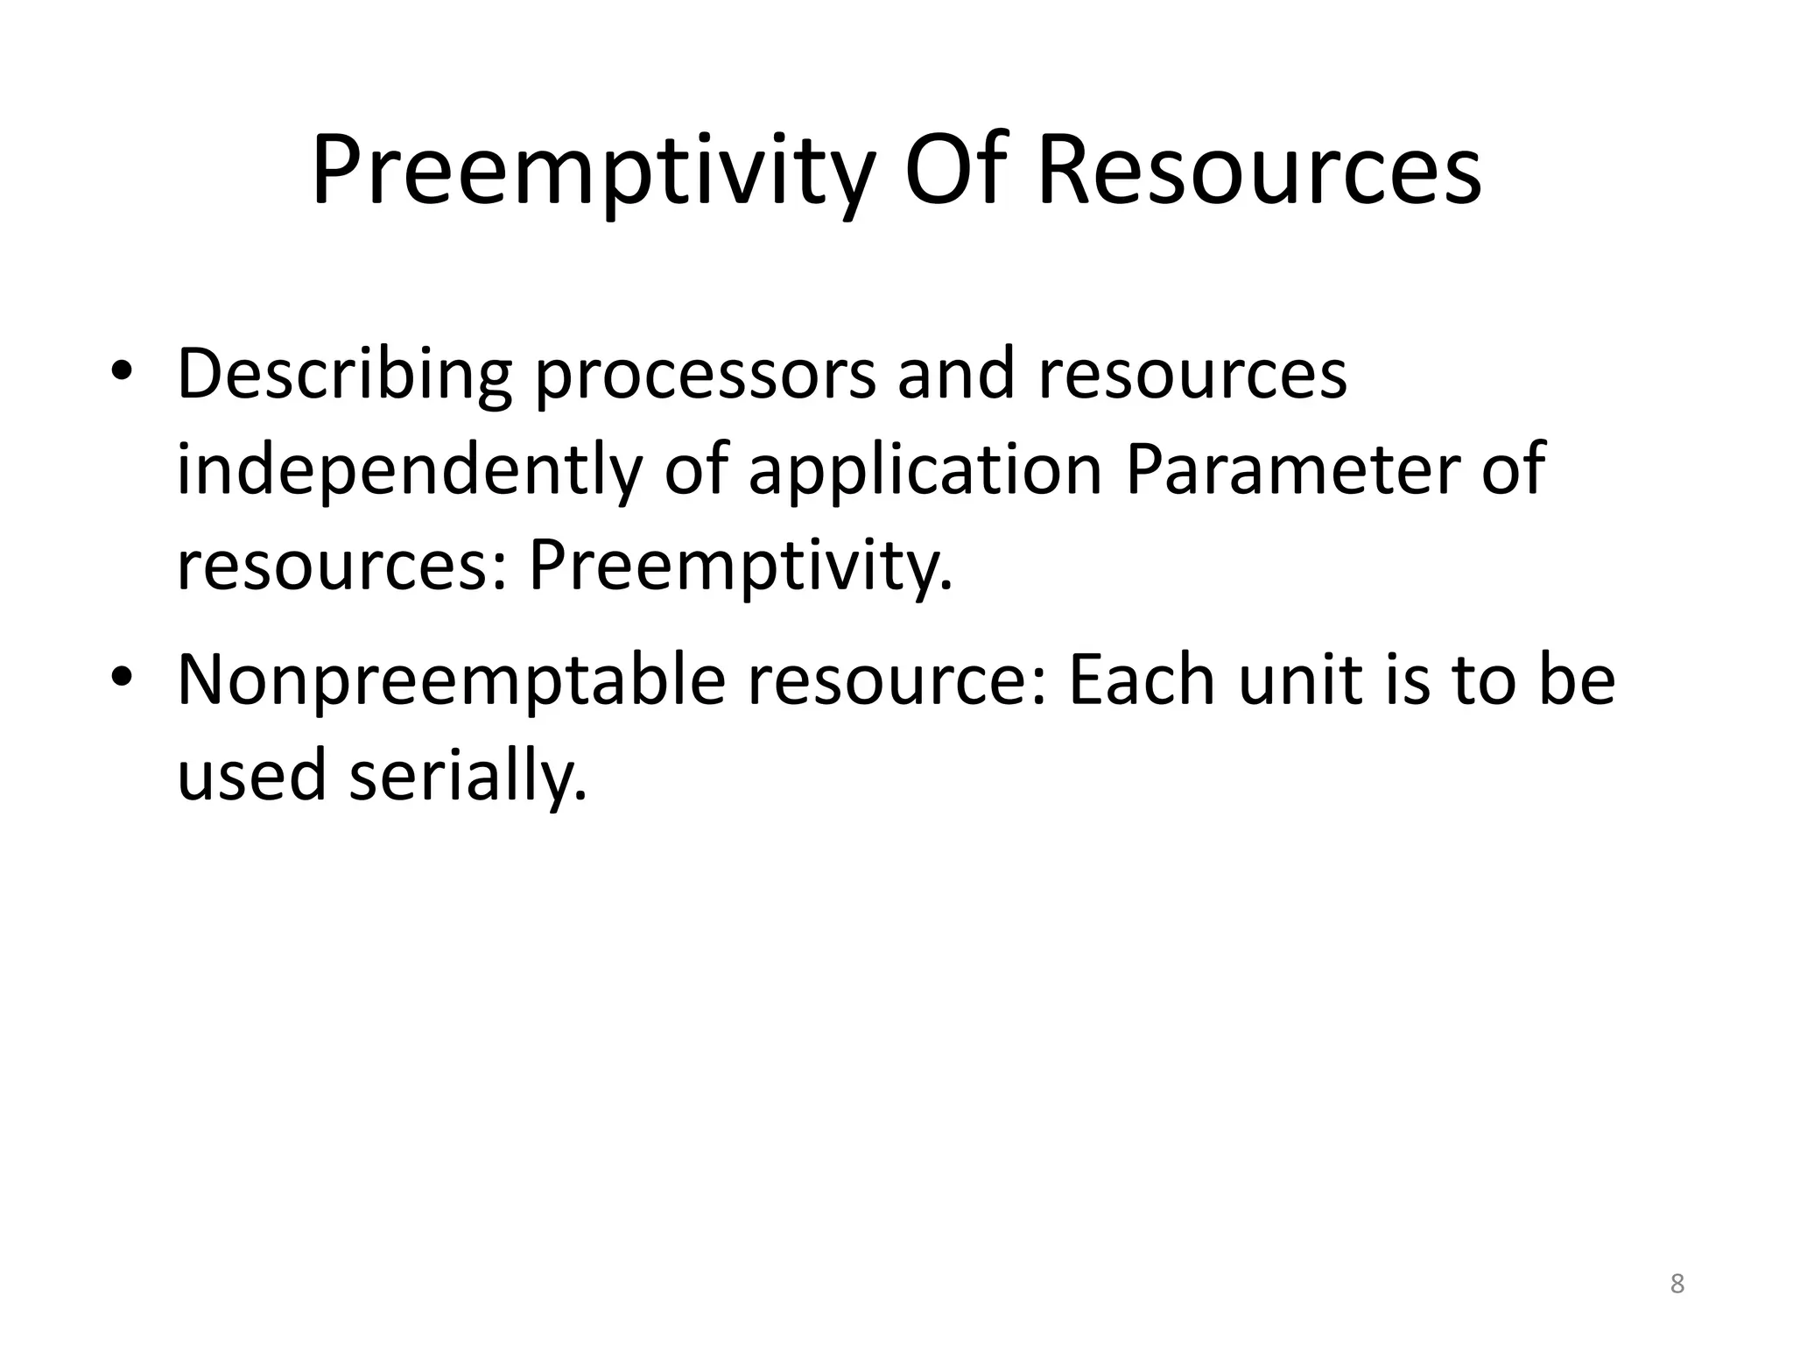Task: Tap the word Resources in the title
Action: coord(1259,171)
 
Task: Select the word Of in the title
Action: coord(956,171)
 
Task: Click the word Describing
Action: coord(344,374)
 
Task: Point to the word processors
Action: coord(705,374)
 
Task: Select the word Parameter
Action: coord(1289,470)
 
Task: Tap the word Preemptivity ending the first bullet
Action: coord(740,567)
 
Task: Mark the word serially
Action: coord(468,776)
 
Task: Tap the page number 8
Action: coord(1677,1285)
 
